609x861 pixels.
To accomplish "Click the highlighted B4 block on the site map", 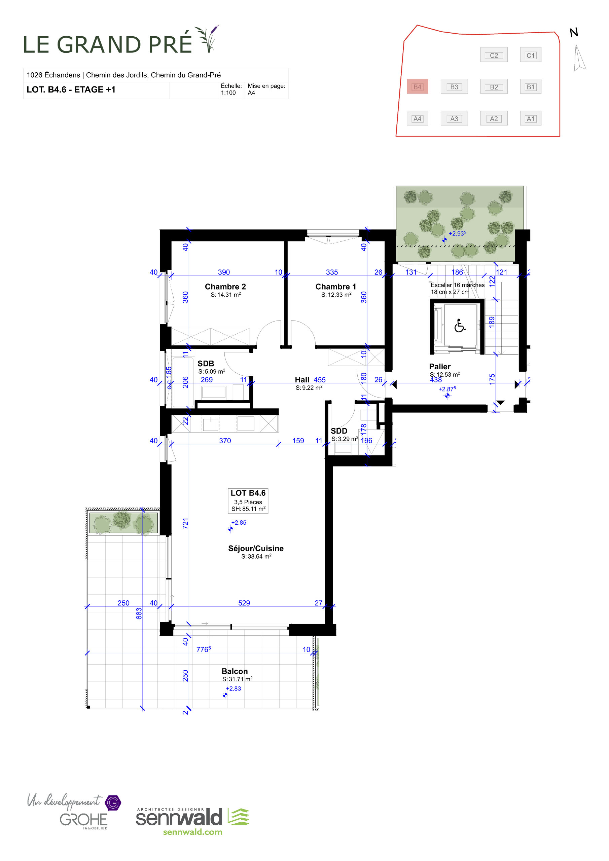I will pos(417,87).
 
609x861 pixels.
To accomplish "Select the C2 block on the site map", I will pos(494,55).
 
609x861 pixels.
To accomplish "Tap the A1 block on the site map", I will pos(530,118).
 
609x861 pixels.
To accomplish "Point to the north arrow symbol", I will pos(579,58).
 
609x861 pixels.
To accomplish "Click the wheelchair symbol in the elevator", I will pos(460,326).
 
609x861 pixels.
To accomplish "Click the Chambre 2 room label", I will pos(225,287).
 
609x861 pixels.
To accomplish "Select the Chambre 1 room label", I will pos(335,287).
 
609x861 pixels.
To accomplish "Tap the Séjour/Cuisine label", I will pos(256,548).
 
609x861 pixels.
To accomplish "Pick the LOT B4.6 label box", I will pos(248,500).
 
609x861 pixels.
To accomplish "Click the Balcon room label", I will pos(235,671).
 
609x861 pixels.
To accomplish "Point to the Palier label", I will pos(440,366).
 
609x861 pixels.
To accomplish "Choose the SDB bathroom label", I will pos(206,363).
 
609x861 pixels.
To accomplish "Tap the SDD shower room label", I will pos(339,431).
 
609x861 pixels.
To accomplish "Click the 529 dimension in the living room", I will pos(244,603).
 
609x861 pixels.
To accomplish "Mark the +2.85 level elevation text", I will pos(239,522).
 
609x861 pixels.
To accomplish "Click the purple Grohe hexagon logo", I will pos(113,803).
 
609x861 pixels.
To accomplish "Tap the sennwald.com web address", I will pos(192,832).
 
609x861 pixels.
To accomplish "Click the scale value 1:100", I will pos(228,92).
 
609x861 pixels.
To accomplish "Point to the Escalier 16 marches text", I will pos(457,285).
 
